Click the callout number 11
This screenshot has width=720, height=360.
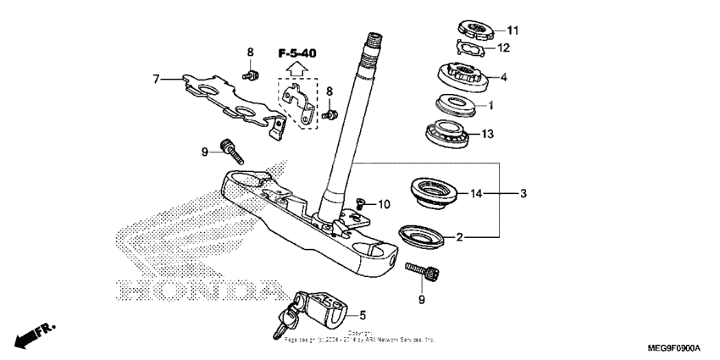point(512,30)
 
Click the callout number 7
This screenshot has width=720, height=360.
point(156,80)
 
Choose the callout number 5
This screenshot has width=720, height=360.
point(363,314)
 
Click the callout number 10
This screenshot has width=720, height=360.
point(385,204)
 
